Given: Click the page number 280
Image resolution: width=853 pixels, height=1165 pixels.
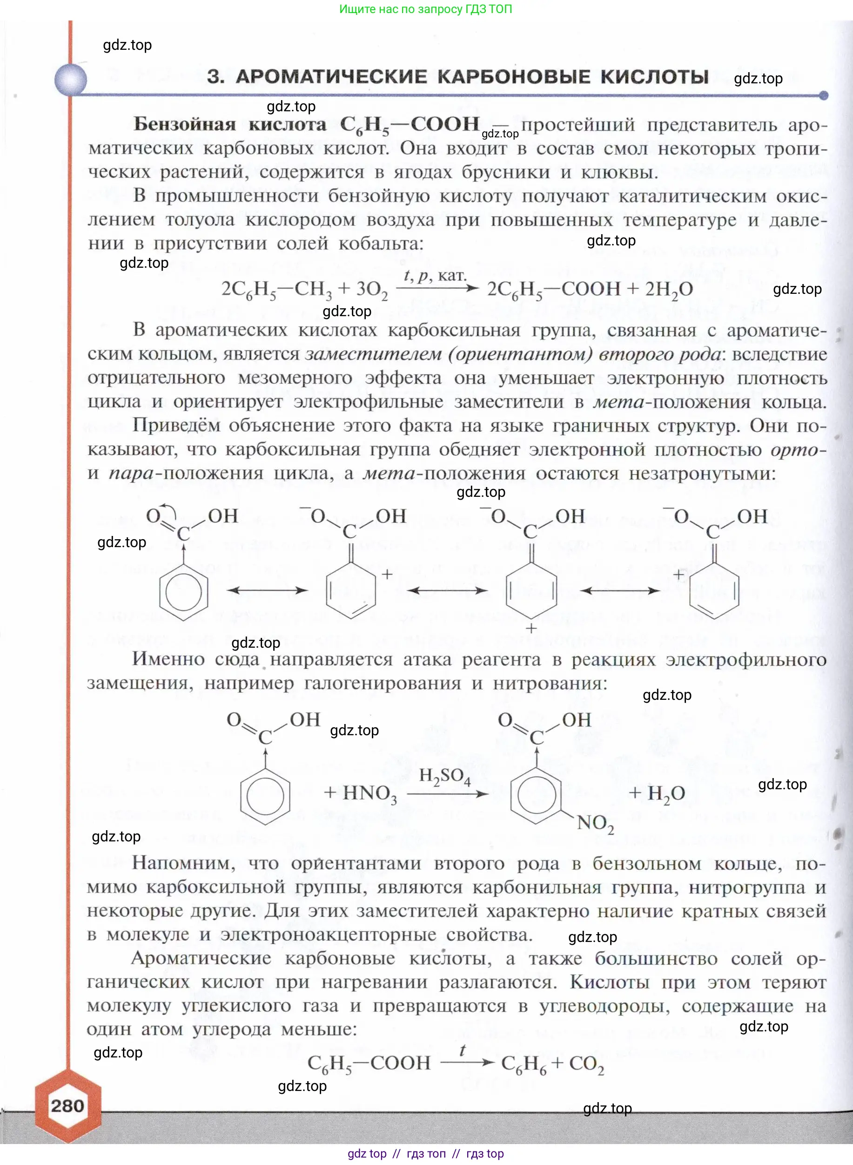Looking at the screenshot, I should [x=67, y=1105].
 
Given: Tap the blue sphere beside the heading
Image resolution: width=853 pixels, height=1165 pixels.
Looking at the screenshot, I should [x=71, y=80].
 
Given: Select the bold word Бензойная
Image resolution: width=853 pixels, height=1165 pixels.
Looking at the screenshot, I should [x=185, y=124].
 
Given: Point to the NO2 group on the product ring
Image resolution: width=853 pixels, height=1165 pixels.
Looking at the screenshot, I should [x=595, y=822].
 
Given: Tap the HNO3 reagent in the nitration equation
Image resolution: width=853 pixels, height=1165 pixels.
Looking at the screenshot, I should [x=369, y=793].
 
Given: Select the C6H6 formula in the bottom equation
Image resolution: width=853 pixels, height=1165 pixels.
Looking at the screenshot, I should [x=523, y=1063].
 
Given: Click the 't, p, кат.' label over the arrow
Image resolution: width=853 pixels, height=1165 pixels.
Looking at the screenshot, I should [x=435, y=275].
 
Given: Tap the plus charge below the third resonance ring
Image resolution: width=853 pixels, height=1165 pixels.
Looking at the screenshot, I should [x=531, y=628].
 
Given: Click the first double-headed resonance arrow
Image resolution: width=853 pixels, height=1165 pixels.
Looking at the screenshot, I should [x=267, y=590].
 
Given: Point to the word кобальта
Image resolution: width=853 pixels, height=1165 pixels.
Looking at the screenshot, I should [x=381, y=244].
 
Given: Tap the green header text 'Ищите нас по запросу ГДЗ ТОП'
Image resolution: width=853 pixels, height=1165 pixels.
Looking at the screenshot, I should [x=425, y=9].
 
